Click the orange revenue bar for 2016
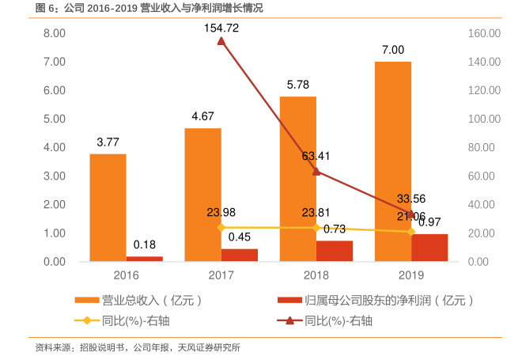[108, 207]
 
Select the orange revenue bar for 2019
[392, 161]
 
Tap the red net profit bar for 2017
[239, 255]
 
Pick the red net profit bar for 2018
[335, 251]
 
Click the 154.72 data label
[221, 27]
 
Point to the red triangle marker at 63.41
[316, 171]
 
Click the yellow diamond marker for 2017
[221, 227]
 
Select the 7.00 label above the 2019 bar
[393, 49]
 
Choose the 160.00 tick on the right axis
[483, 33]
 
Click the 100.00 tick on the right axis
[483, 119]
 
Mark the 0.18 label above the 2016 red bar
[144, 244]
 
